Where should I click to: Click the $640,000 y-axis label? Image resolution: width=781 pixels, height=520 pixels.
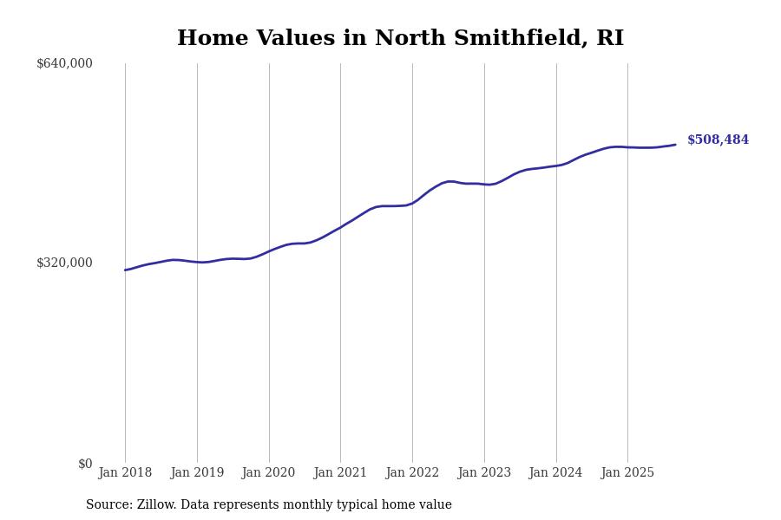[64, 63]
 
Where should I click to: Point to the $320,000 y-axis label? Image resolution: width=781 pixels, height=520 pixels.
[64, 263]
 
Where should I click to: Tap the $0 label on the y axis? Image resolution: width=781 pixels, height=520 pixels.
[85, 464]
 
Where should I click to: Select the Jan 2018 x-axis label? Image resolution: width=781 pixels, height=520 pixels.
[125, 472]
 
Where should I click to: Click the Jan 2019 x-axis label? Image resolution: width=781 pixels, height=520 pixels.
[197, 472]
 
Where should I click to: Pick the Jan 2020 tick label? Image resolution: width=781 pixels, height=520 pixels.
[268, 472]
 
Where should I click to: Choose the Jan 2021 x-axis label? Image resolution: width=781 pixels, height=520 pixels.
[340, 472]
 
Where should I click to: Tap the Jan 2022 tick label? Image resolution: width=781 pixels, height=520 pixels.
[412, 472]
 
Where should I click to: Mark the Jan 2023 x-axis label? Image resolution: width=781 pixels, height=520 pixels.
[484, 472]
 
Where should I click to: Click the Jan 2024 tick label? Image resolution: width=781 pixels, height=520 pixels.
[555, 472]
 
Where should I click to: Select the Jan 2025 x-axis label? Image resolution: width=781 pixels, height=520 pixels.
[627, 472]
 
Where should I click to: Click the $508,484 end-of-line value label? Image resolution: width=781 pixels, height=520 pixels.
[718, 140]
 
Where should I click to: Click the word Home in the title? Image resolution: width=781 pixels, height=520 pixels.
[209, 39]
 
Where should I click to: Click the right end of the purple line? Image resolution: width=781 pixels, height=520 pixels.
[675, 145]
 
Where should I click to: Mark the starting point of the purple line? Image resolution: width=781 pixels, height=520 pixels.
[125, 270]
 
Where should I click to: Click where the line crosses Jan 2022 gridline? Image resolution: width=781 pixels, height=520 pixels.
[412, 203]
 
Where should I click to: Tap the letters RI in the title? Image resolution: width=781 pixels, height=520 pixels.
[609, 39]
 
